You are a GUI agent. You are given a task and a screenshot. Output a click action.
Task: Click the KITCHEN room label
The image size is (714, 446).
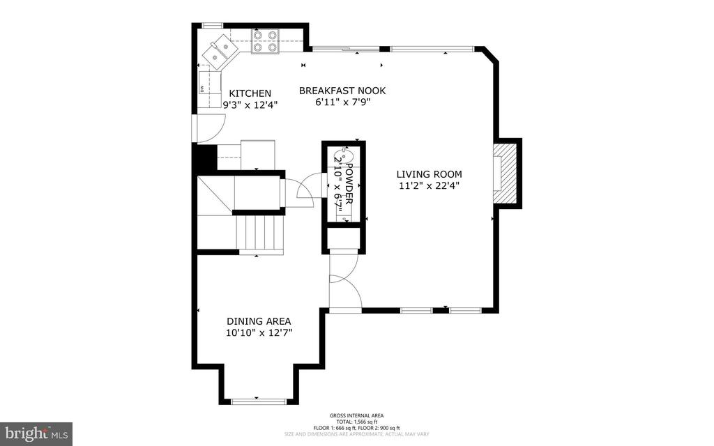tap(250, 93)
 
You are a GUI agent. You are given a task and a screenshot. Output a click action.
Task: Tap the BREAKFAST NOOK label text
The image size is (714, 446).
tap(342, 91)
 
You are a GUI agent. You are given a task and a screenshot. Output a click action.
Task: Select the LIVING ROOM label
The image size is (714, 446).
tap(429, 174)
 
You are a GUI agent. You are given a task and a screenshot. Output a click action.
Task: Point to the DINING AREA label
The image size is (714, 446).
tap(259, 321)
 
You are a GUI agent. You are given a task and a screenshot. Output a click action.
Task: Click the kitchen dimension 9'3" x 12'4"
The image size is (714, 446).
tap(250, 105)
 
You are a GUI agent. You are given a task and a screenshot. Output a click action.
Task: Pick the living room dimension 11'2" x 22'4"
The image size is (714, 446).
tap(429, 186)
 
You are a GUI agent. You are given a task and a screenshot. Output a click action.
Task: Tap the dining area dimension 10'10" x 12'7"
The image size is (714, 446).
tap(259, 333)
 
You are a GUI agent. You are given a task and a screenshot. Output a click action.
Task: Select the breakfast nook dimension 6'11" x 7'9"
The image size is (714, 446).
tap(342, 102)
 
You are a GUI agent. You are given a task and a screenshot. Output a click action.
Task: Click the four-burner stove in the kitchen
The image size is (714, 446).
tap(265, 41)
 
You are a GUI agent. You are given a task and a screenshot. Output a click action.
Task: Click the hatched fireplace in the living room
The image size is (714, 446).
tap(506, 172)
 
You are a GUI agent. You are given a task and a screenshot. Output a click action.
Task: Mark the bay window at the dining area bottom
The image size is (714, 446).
tap(259, 401)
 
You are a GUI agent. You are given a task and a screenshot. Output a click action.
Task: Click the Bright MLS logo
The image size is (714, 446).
tap(36, 433)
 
